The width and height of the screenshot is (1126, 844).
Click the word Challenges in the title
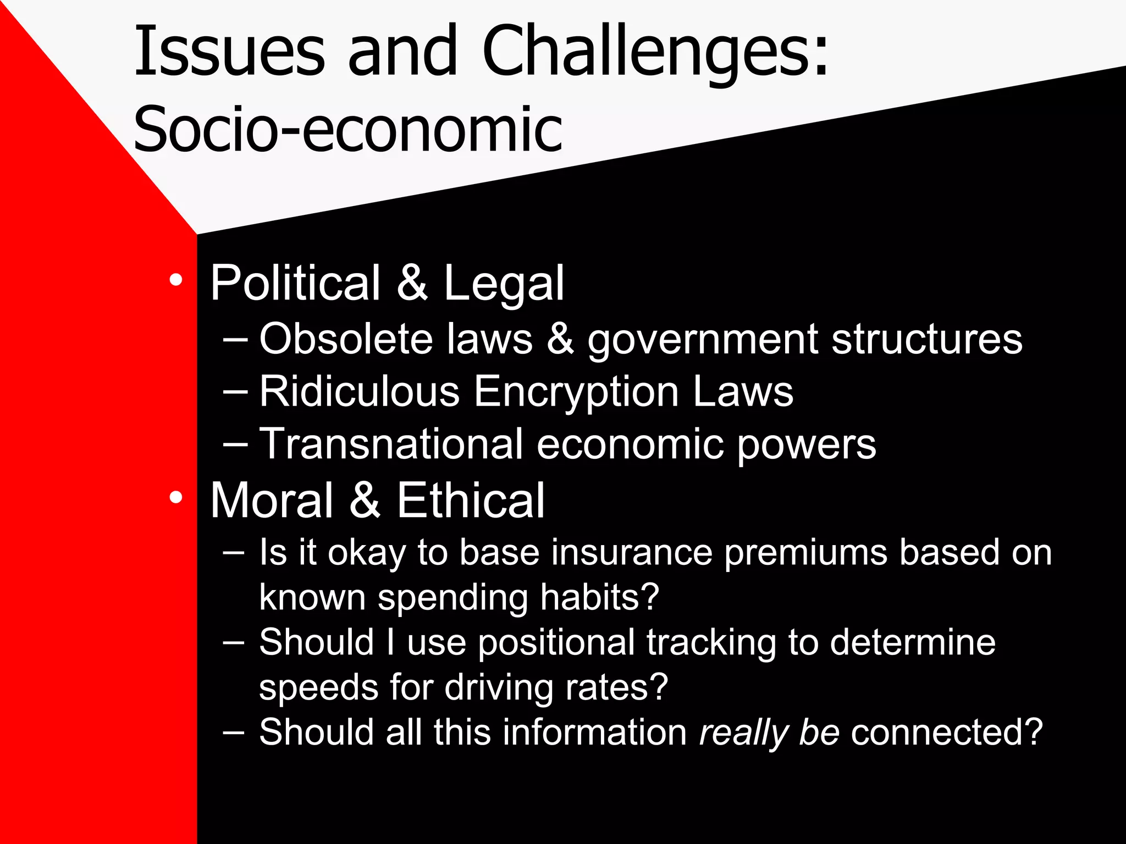pyautogui.click(x=654, y=52)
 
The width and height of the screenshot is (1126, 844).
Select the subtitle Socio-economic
pyautogui.click(x=348, y=130)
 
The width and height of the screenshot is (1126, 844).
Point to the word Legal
pyautogui.click(x=504, y=284)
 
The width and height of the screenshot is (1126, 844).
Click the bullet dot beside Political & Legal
pyautogui.click(x=176, y=280)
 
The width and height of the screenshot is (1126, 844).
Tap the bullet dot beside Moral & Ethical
pyautogui.click(x=176, y=497)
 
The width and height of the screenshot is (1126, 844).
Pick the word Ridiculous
pyautogui.click(x=359, y=391)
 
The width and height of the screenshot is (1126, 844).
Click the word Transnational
pyautogui.click(x=391, y=444)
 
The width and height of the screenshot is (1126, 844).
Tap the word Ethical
pyautogui.click(x=471, y=500)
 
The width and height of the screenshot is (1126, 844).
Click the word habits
pyautogui.click(x=599, y=597)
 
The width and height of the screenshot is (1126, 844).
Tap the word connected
pyautogui.click(x=946, y=732)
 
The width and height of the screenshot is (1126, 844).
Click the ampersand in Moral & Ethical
pyautogui.click(x=365, y=500)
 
